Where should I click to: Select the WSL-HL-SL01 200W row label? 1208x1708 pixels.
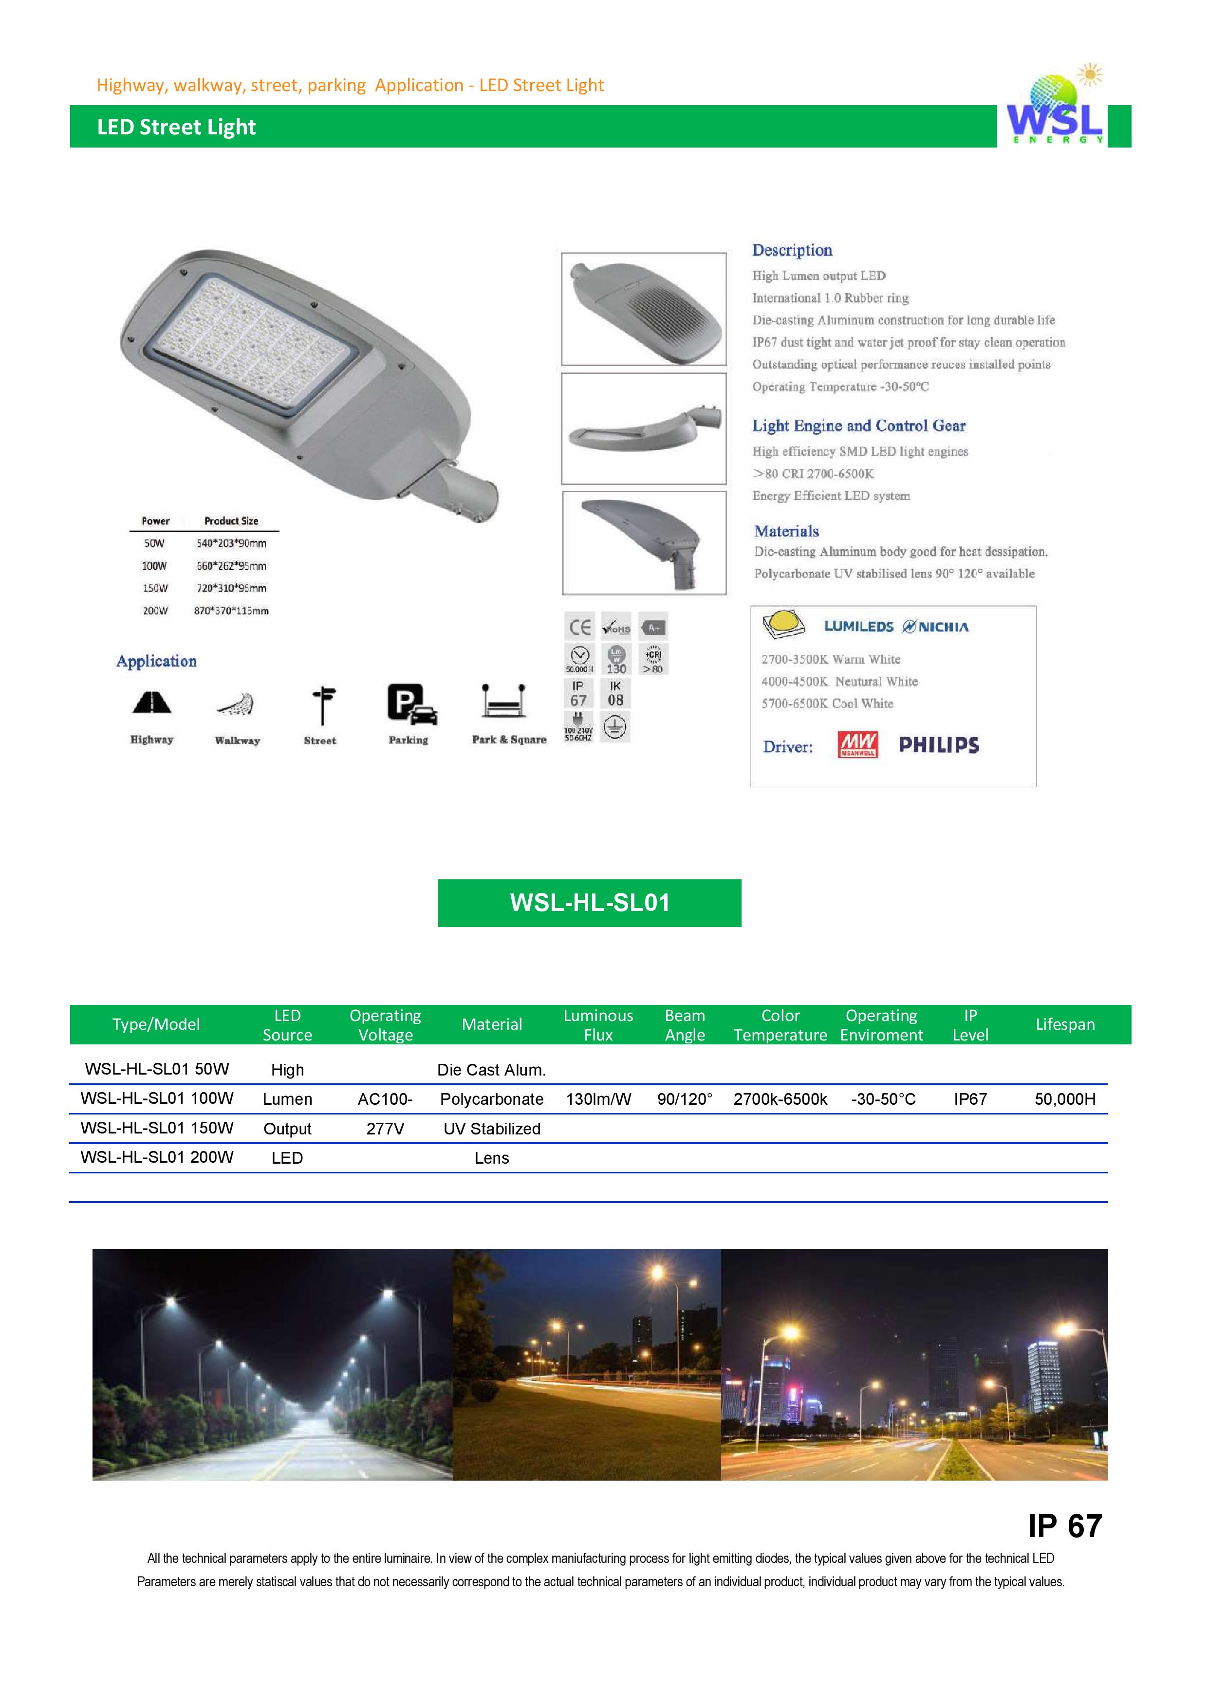(157, 1157)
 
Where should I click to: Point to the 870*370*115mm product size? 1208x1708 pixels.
(231, 611)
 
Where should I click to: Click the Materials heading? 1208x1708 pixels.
(786, 531)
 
